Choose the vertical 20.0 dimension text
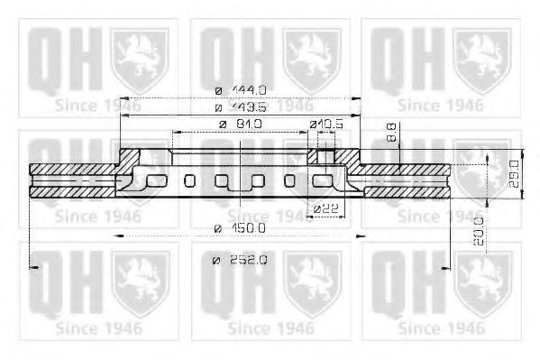coord(477,230)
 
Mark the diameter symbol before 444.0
coord(219,89)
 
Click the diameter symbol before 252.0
coord(217,261)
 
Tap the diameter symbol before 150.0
coord(218,229)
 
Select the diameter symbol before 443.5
coord(219,106)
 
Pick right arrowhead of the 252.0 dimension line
coord(448,267)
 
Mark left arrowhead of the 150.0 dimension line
coord(118,235)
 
